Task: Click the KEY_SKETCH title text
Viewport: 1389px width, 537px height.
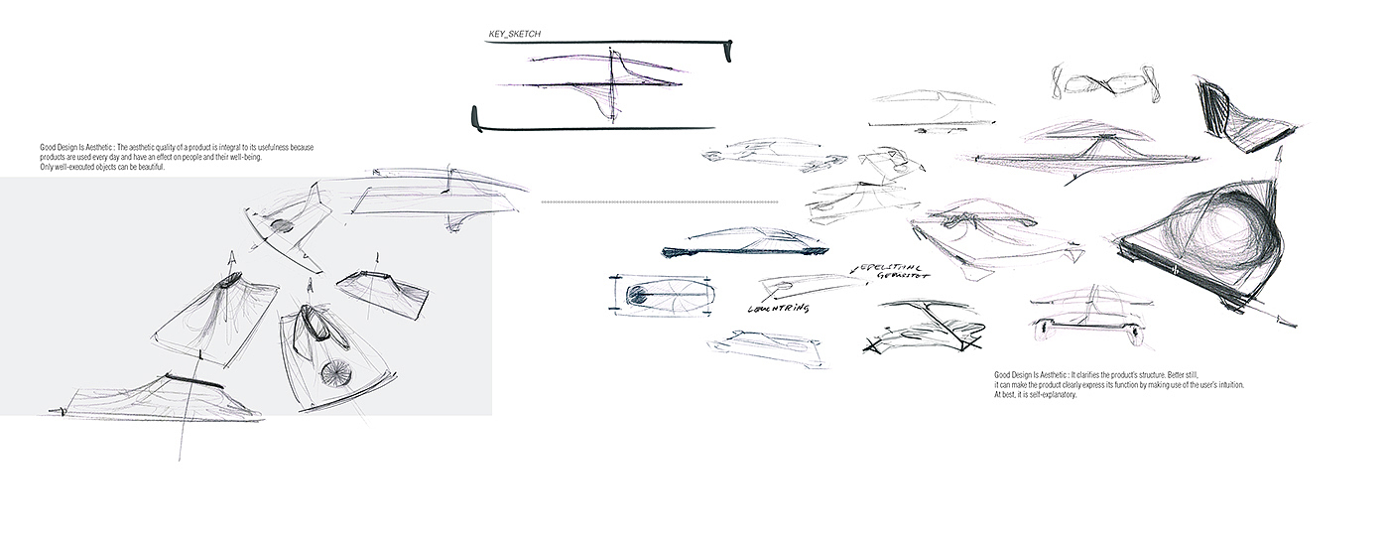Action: (x=514, y=35)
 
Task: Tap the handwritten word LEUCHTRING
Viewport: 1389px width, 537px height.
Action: (x=779, y=309)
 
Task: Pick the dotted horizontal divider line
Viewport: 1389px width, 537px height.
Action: (x=659, y=201)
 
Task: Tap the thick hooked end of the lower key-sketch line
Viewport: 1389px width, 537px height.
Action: (x=475, y=117)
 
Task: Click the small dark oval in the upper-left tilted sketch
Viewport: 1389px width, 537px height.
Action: (x=281, y=226)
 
